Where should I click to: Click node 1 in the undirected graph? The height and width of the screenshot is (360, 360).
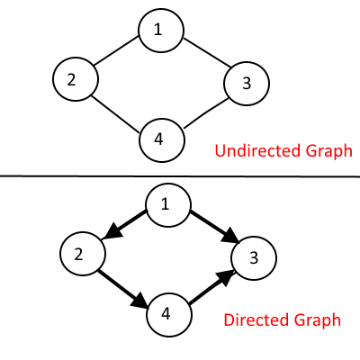click(161, 31)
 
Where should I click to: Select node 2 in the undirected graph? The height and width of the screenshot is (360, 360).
click(76, 79)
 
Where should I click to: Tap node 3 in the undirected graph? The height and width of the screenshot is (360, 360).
click(247, 83)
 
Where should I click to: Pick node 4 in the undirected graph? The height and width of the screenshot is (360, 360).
click(162, 140)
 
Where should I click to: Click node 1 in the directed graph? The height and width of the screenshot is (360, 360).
click(168, 204)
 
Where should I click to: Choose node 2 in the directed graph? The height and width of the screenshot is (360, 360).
click(83, 254)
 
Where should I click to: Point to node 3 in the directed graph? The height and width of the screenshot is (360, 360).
click(254, 258)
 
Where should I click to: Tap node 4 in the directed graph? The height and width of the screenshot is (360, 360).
click(169, 315)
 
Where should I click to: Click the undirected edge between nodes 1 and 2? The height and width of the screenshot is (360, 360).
click(116, 50)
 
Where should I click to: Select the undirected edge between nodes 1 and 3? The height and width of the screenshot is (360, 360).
click(207, 52)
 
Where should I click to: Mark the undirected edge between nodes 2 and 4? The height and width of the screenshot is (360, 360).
click(115, 114)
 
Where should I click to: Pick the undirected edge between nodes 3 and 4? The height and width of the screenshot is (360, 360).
click(206, 113)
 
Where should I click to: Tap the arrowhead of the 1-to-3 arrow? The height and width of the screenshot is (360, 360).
click(230, 235)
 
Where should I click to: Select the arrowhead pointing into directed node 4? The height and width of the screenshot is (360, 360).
click(139, 301)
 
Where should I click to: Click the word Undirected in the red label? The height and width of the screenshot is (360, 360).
click(257, 150)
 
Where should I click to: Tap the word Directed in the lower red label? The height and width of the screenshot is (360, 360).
click(256, 319)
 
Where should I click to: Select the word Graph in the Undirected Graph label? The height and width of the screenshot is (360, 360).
click(329, 152)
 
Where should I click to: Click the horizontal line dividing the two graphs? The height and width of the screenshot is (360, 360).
click(180, 176)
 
